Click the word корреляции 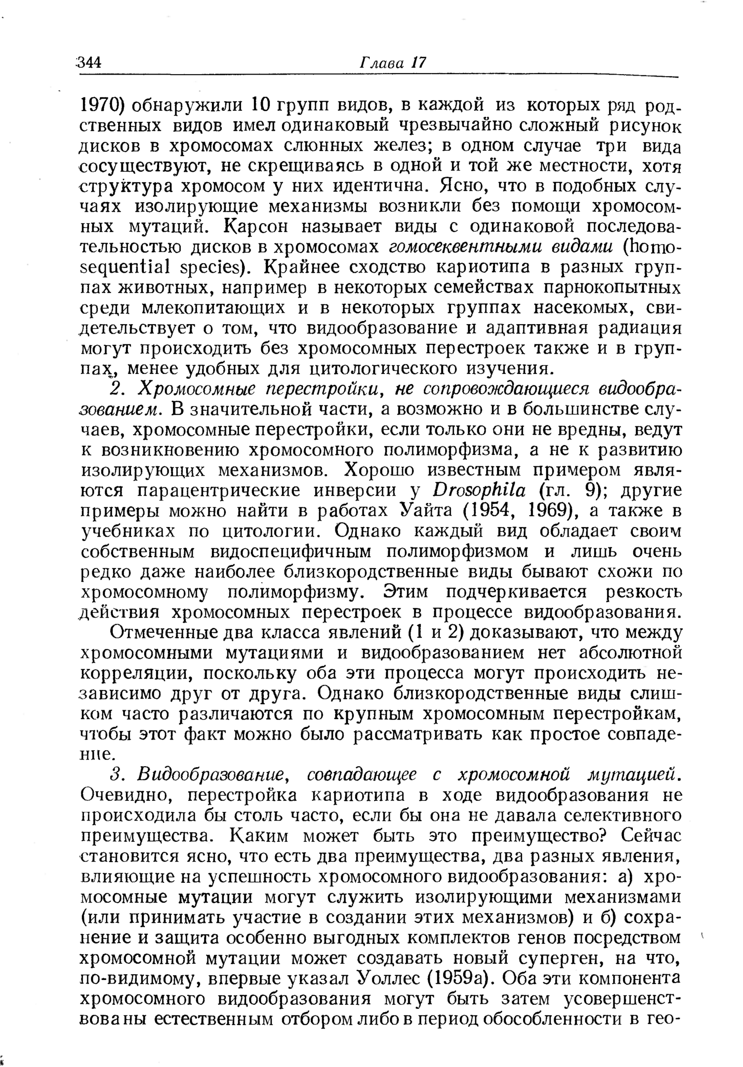[x=130, y=673]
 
